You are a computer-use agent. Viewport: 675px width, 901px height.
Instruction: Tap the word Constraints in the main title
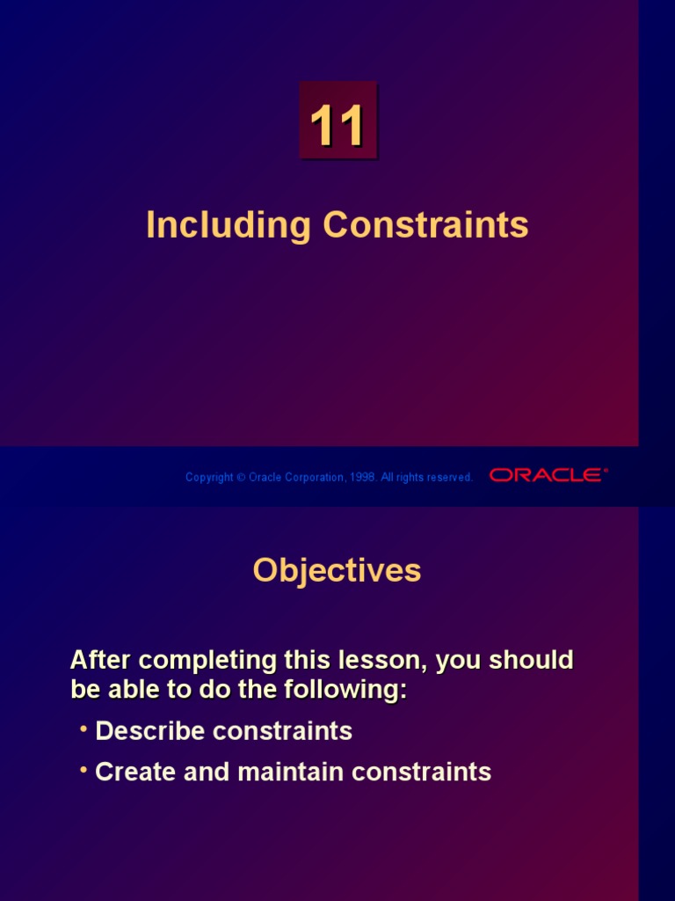(x=425, y=225)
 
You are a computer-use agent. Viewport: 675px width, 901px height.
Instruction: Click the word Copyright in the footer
(x=209, y=478)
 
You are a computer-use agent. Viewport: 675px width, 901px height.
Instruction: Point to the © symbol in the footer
(x=241, y=478)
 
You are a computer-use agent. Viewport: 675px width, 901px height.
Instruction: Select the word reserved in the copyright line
(x=451, y=478)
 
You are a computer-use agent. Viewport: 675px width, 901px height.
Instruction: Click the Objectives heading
(x=337, y=571)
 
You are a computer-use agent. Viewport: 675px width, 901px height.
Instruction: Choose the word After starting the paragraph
(x=98, y=660)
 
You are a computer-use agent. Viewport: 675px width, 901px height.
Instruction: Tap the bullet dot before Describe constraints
(x=83, y=729)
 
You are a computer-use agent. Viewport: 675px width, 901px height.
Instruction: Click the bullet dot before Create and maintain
(x=83, y=770)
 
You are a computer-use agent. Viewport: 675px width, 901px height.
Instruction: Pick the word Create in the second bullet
(x=132, y=773)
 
